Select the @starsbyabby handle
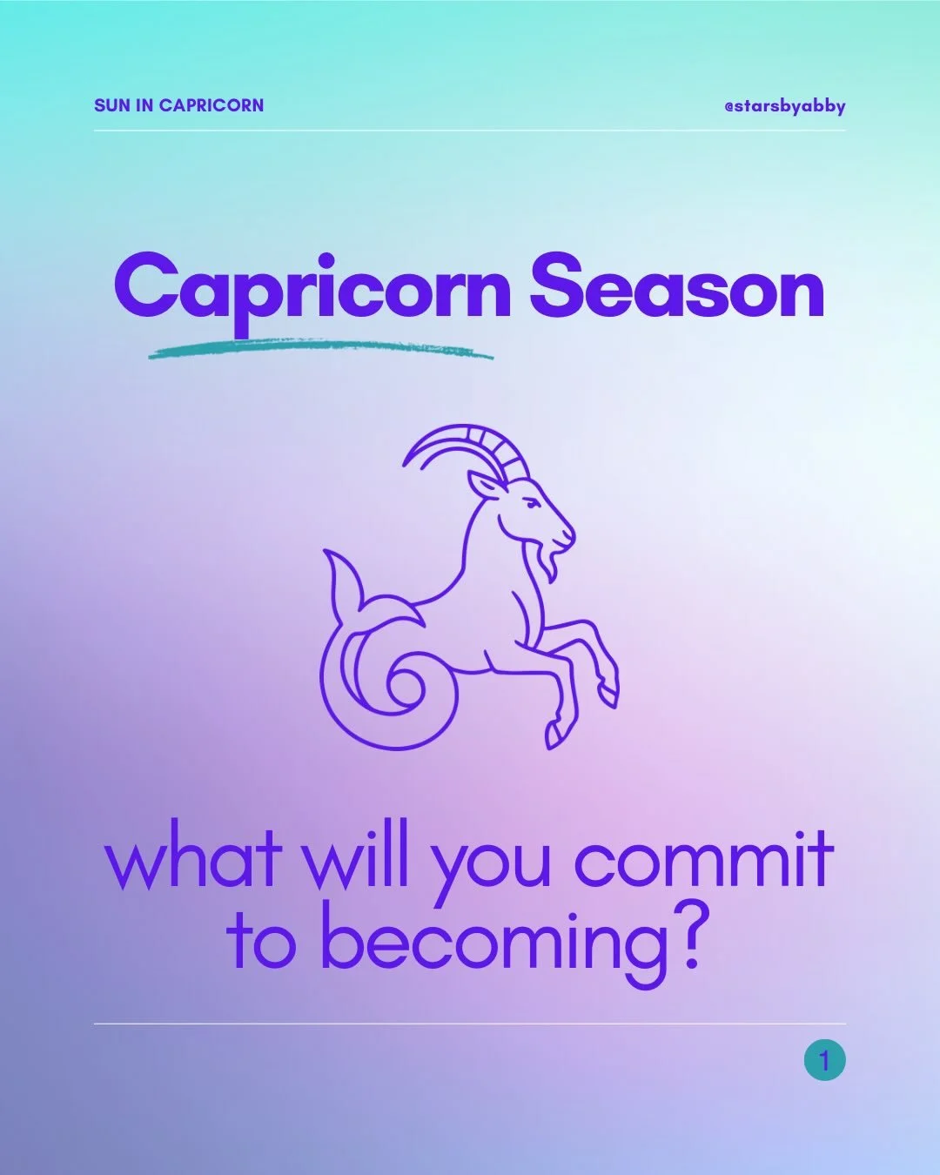tap(784, 106)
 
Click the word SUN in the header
tap(112, 105)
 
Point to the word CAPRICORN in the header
tap(211, 105)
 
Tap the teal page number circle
tap(824, 1061)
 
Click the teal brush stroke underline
tap(320, 351)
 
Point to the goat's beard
tap(549, 564)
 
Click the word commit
tap(703, 860)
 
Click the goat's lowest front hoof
tap(554, 735)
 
